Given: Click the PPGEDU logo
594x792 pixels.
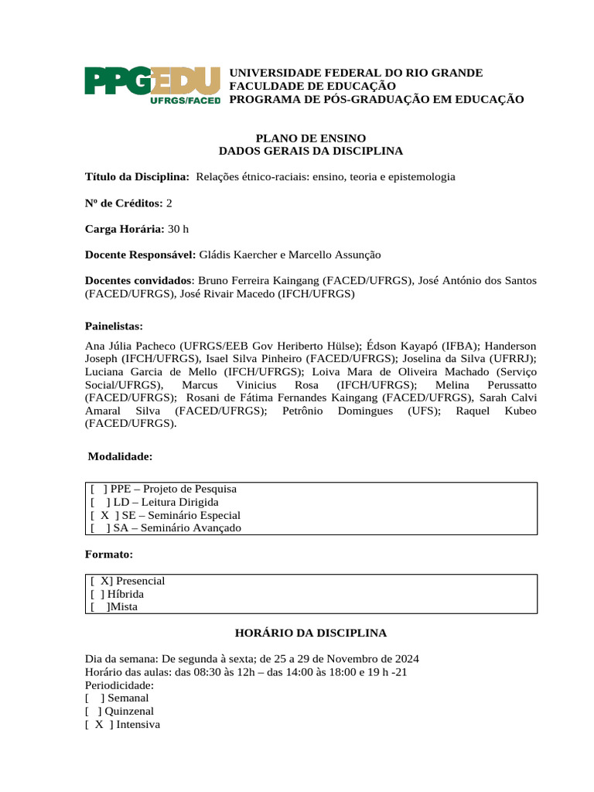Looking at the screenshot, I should click(152, 85).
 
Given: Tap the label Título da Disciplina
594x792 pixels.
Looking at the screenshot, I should click(137, 177).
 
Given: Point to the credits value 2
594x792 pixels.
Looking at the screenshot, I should click(169, 203).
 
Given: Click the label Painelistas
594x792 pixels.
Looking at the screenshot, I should click(114, 326).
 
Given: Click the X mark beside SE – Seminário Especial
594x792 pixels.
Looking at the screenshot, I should click(104, 515).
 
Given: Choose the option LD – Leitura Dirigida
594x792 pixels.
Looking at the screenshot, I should click(166, 502).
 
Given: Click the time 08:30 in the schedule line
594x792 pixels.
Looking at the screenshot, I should click(213, 672).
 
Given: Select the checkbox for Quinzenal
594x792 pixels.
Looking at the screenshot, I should click(94, 712).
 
